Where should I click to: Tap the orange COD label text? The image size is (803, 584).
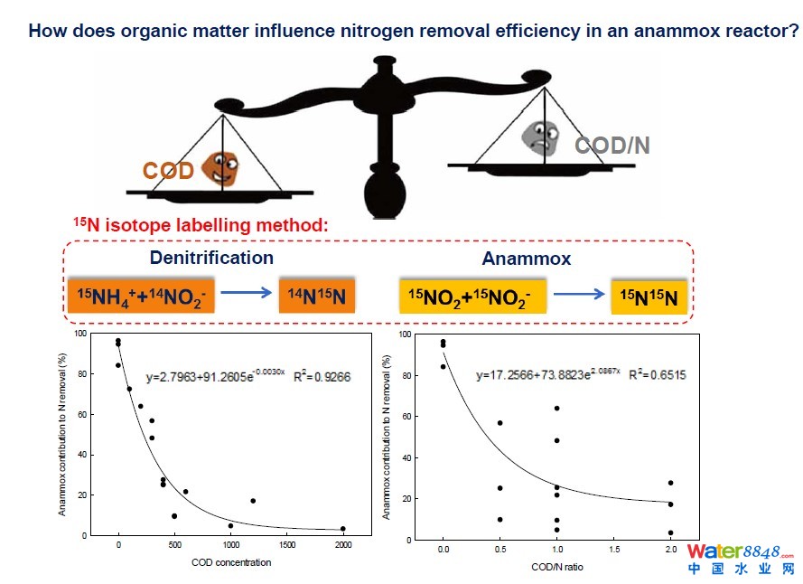(168, 170)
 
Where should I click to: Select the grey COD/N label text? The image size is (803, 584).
(612, 146)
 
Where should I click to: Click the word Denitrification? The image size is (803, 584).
(211, 258)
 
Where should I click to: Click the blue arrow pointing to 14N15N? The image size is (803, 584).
(247, 294)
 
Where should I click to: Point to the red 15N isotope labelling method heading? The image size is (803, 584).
(201, 224)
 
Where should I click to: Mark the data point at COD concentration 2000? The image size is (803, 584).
(343, 529)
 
